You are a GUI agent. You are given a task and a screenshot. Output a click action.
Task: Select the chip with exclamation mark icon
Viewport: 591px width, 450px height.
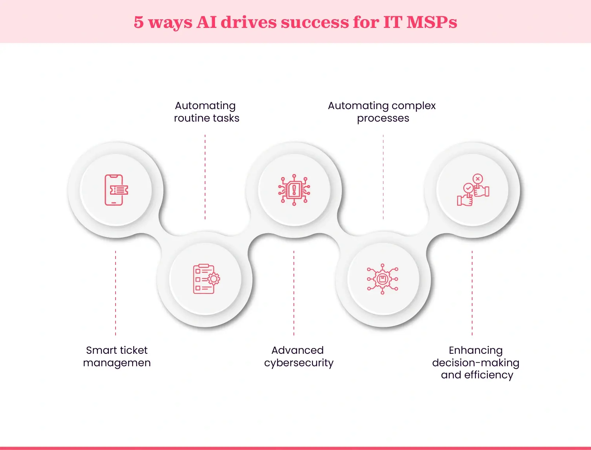coord(294,190)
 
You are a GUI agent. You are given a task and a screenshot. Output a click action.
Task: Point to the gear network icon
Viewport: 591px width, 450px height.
coord(383,279)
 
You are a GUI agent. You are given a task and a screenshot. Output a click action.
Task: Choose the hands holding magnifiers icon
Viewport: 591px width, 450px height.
coord(473,190)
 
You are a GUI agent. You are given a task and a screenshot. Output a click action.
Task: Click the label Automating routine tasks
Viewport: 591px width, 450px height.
coord(206,112)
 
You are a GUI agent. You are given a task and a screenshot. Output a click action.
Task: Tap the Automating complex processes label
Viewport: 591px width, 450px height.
coord(382,112)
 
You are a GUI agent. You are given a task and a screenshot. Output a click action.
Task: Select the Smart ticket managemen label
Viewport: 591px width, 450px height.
coord(117,356)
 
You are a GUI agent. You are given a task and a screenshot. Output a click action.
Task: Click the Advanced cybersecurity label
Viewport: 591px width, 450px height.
coord(299,356)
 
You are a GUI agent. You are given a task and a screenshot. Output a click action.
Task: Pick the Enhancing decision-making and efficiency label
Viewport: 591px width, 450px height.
coord(476,362)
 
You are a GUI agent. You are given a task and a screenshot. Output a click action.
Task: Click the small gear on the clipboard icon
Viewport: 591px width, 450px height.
coord(214,279)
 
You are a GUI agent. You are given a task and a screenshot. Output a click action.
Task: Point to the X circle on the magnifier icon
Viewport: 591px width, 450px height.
coord(478,179)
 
